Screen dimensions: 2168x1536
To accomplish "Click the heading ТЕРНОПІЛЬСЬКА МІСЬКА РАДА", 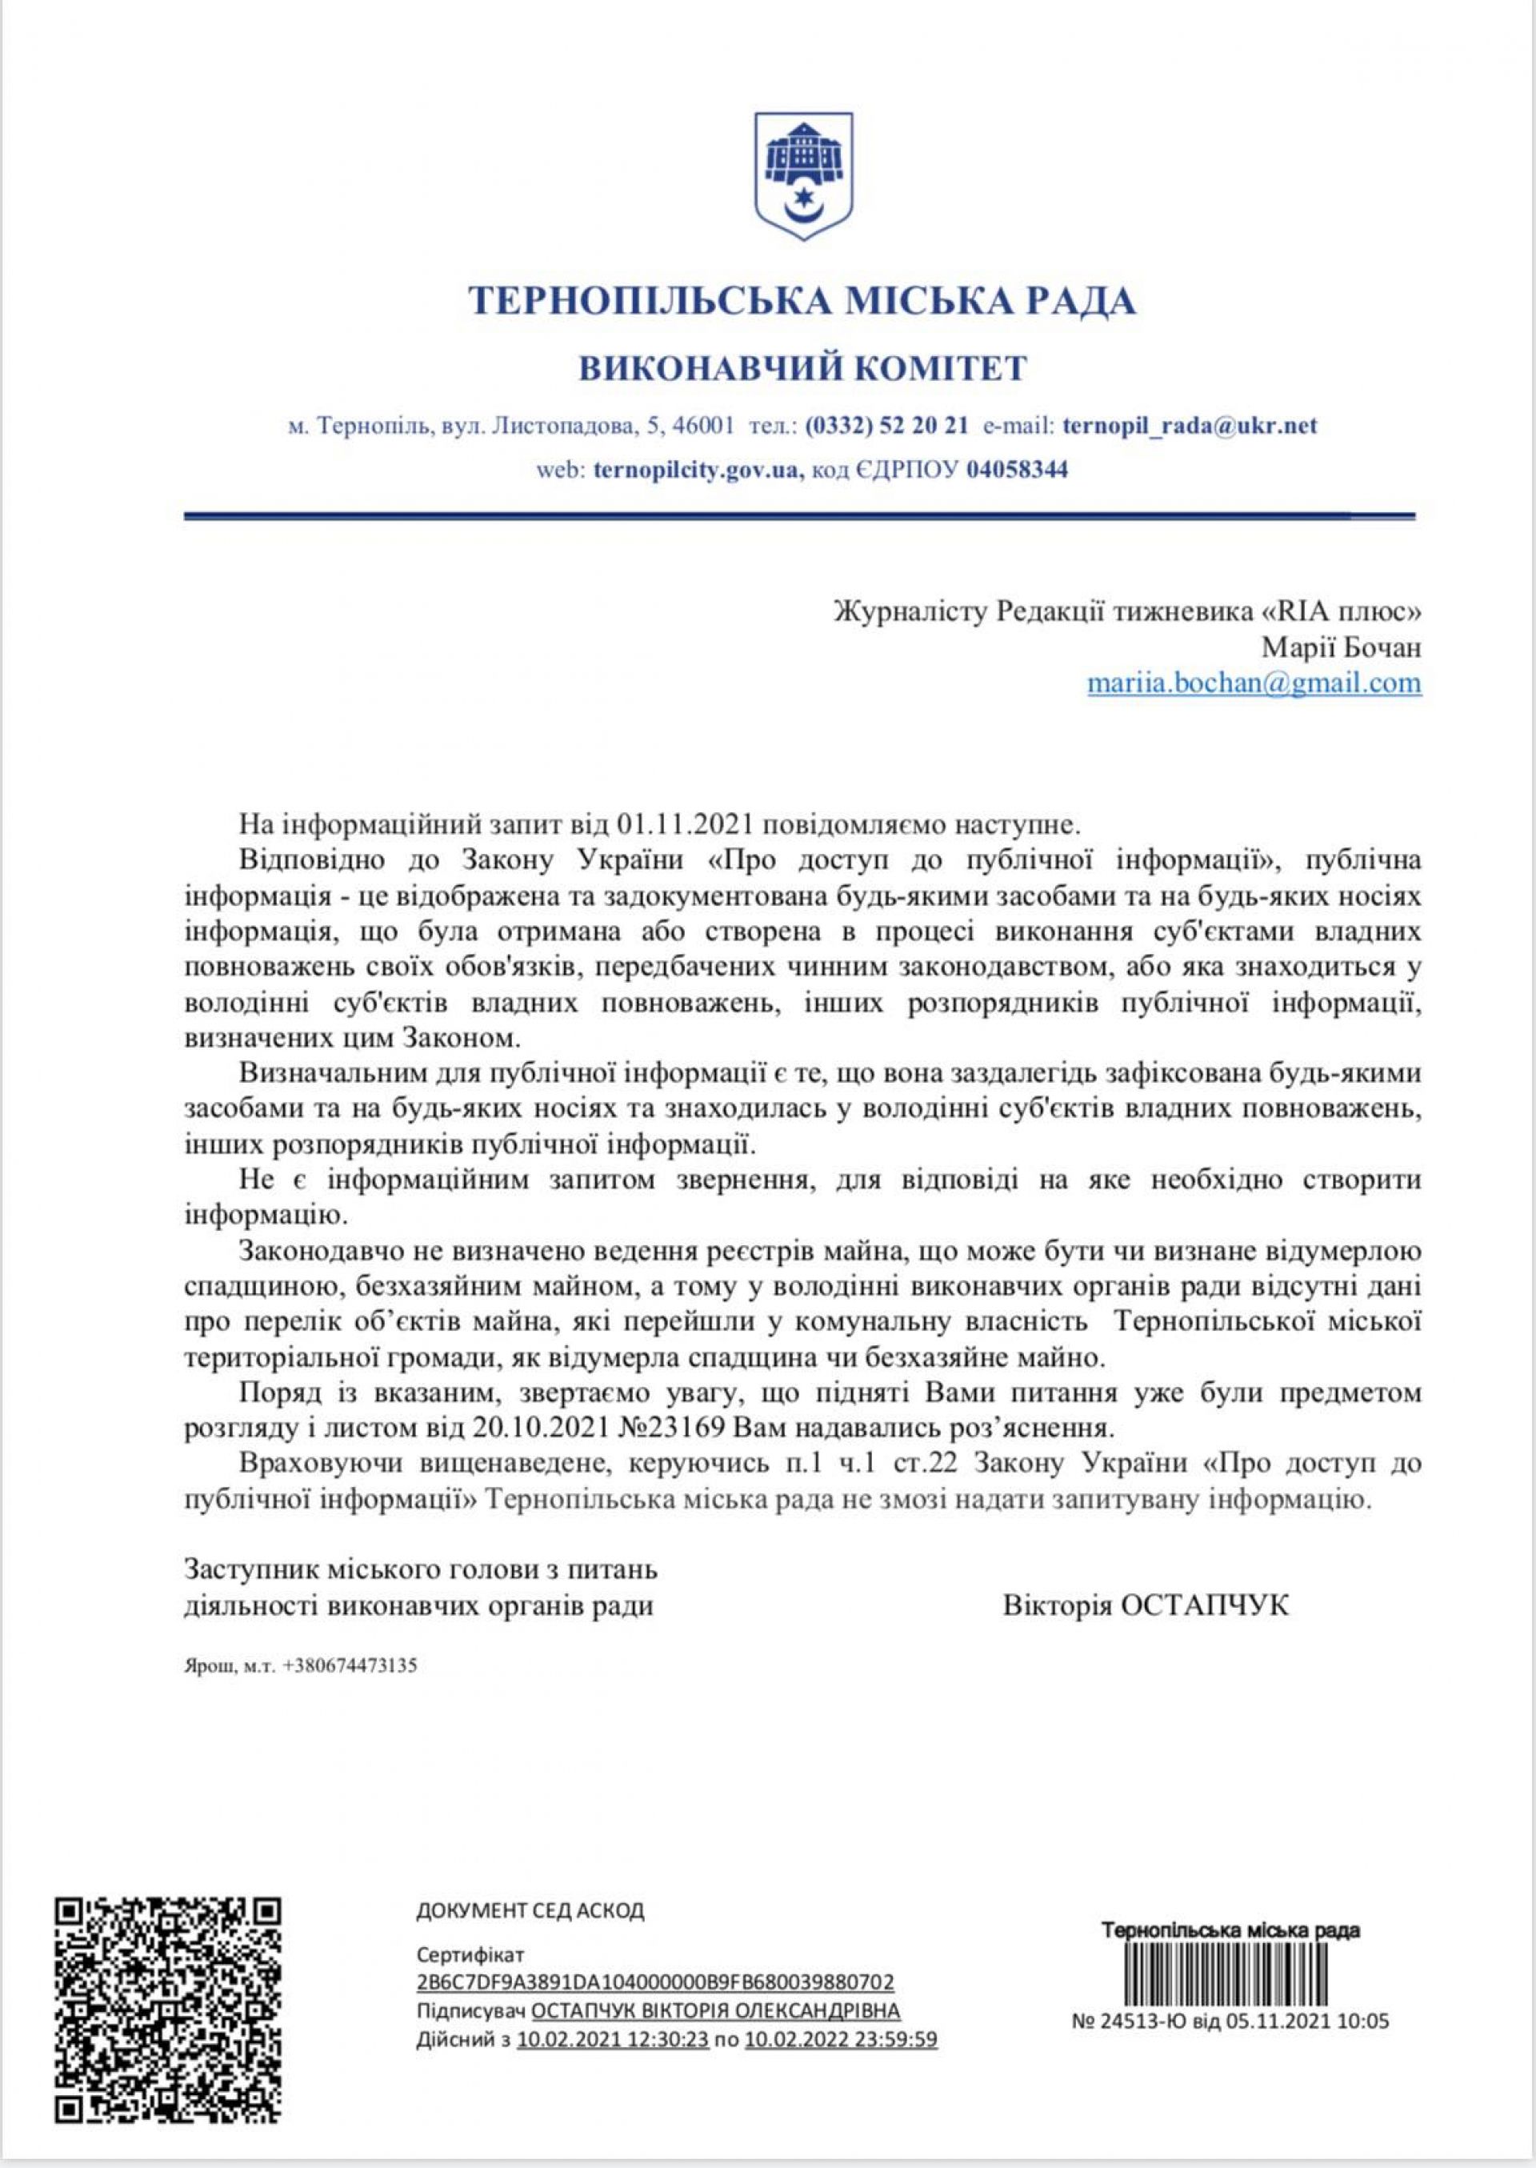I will pos(802,301).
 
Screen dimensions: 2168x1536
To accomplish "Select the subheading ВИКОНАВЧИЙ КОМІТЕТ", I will pos(802,367).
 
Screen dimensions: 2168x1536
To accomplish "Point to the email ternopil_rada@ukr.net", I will pos(1190,426).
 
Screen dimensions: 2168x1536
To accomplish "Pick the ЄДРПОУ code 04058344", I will pos(1017,469).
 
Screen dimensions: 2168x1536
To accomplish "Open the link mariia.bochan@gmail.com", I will pos(1254,682).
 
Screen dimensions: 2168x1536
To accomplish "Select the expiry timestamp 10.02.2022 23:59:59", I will pos(841,2012).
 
